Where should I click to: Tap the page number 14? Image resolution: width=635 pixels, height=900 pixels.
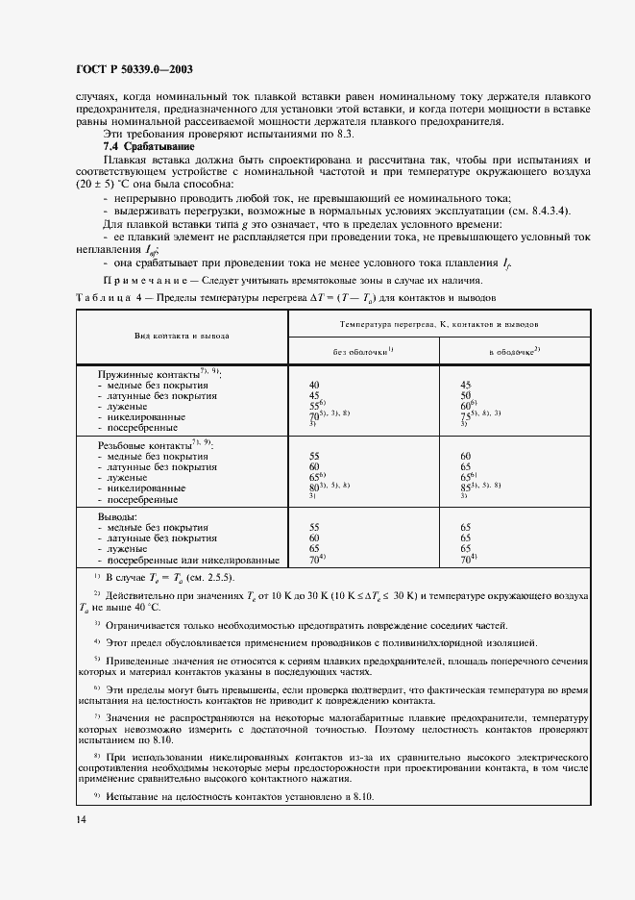tap(81, 819)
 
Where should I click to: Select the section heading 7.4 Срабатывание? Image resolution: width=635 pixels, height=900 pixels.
tap(143, 145)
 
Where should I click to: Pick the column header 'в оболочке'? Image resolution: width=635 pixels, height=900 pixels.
tap(515, 352)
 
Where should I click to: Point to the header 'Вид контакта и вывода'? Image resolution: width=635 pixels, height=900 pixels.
tap(182, 337)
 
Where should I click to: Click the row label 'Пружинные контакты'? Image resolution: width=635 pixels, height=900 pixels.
tap(151, 372)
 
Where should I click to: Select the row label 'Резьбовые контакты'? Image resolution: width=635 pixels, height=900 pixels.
tap(151, 445)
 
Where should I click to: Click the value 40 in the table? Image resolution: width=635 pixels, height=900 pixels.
tap(314, 384)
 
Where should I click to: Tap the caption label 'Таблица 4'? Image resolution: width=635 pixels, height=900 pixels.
tap(107, 297)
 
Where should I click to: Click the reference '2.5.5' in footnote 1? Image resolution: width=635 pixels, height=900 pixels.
tap(210, 577)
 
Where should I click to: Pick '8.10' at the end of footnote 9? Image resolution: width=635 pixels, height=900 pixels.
tap(358, 798)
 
